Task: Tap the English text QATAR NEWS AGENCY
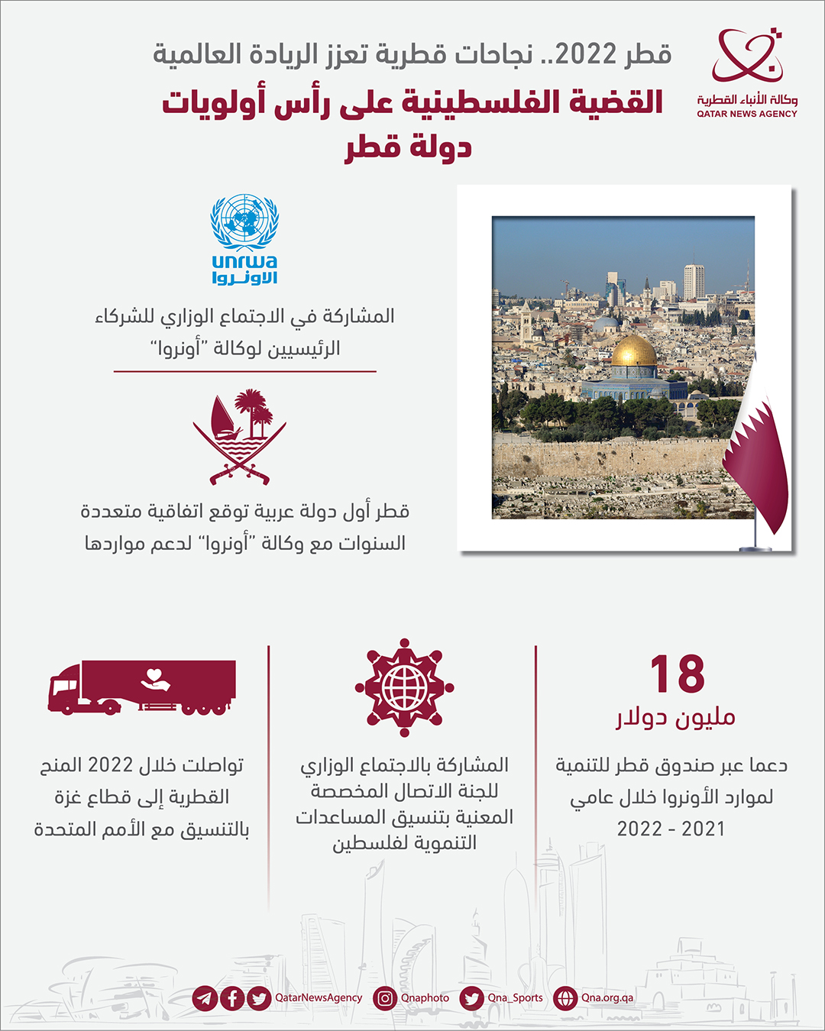click(746, 114)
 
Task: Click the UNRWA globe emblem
click(244, 221)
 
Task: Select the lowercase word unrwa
click(244, 262)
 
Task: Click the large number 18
click(677, 674)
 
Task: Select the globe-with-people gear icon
click(404, 687)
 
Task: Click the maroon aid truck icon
click(142, 687)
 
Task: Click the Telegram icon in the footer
click(204, 997)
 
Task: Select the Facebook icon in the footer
click(232, 997)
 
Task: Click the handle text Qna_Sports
click(516, 997)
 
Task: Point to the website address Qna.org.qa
click(607, 997)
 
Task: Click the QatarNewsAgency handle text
click(319, 997)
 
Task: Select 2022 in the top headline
click(586, 55)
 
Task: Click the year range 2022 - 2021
click(671, 829)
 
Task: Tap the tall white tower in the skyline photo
click(694, 281)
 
